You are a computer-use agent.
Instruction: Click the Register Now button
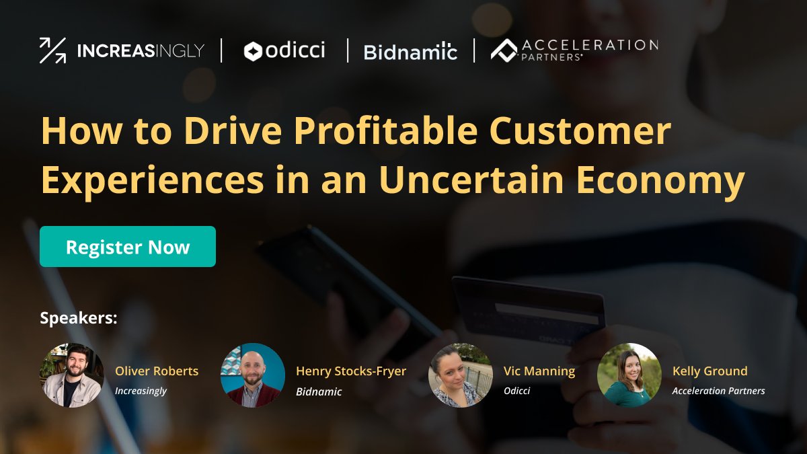point(128,247)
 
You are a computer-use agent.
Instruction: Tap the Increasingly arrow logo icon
point(52,50)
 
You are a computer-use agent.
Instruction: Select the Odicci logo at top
point(284,50)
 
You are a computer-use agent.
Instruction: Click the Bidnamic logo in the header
point(410,51)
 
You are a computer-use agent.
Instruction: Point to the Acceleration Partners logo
point(574,50)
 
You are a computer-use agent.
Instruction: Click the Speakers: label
point(79,317)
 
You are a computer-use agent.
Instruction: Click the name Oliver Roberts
point(157,371)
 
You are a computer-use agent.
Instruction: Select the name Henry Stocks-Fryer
point(351,371)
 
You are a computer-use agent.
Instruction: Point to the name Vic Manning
point(539,371)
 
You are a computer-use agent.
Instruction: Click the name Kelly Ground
point(709,371)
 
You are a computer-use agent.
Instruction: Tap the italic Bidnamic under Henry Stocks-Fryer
point(319,391)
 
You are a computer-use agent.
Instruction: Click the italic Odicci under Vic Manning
point(516,391)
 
